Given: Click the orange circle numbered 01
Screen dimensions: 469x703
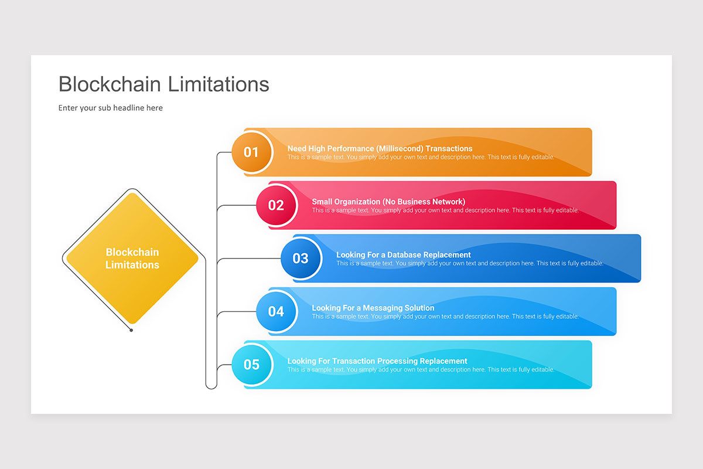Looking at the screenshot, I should click(x=251, y=152).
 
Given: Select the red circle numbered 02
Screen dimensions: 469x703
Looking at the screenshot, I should click(x=276, y=205).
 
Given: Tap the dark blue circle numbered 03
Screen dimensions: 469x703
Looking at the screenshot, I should click(x=301, y=259).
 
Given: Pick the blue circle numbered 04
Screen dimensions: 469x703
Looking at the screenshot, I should click(x=276, y=311).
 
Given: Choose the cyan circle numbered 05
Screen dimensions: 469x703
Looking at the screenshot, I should click(x=251, y=365).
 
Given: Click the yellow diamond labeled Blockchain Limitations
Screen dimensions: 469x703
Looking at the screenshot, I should click(x=132, y=259).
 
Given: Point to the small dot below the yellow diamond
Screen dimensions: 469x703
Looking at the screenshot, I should click(x=131, y=330).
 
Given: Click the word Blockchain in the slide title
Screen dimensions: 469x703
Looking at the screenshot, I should click(x=110, y=84).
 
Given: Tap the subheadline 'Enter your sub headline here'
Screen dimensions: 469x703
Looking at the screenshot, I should click(x=111, y=108).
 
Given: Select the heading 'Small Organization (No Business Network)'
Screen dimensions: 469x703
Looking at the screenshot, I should click(x=388, y=202).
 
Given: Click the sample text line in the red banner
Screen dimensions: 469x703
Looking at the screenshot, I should click(x=445, y=210).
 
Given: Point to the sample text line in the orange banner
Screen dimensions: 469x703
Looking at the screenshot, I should click(x=421, y=157).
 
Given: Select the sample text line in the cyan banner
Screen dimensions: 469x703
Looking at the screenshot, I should click(x=421, y=370).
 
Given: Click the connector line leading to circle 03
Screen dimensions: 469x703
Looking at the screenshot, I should click(x=246, y=259).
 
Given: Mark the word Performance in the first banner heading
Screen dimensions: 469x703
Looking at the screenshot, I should click(x=350, y=149).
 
